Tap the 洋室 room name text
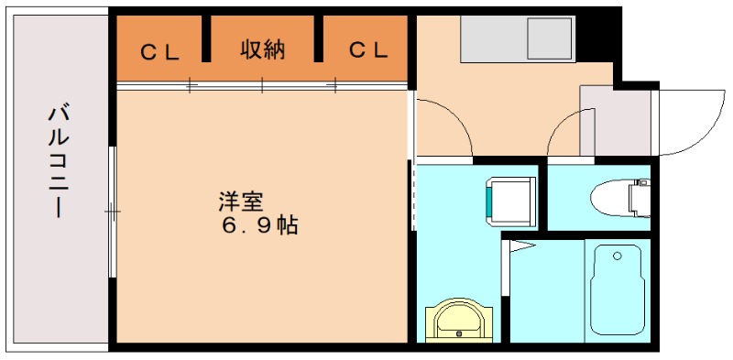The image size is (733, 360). [235, 200]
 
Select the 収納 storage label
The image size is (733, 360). [263, 50]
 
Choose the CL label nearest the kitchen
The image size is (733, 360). [367, 51]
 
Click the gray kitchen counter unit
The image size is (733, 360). [519, 39]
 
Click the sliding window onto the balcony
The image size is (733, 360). [112, 212]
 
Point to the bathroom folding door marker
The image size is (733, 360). [520, 245]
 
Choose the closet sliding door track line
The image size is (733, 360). [263, 86]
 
